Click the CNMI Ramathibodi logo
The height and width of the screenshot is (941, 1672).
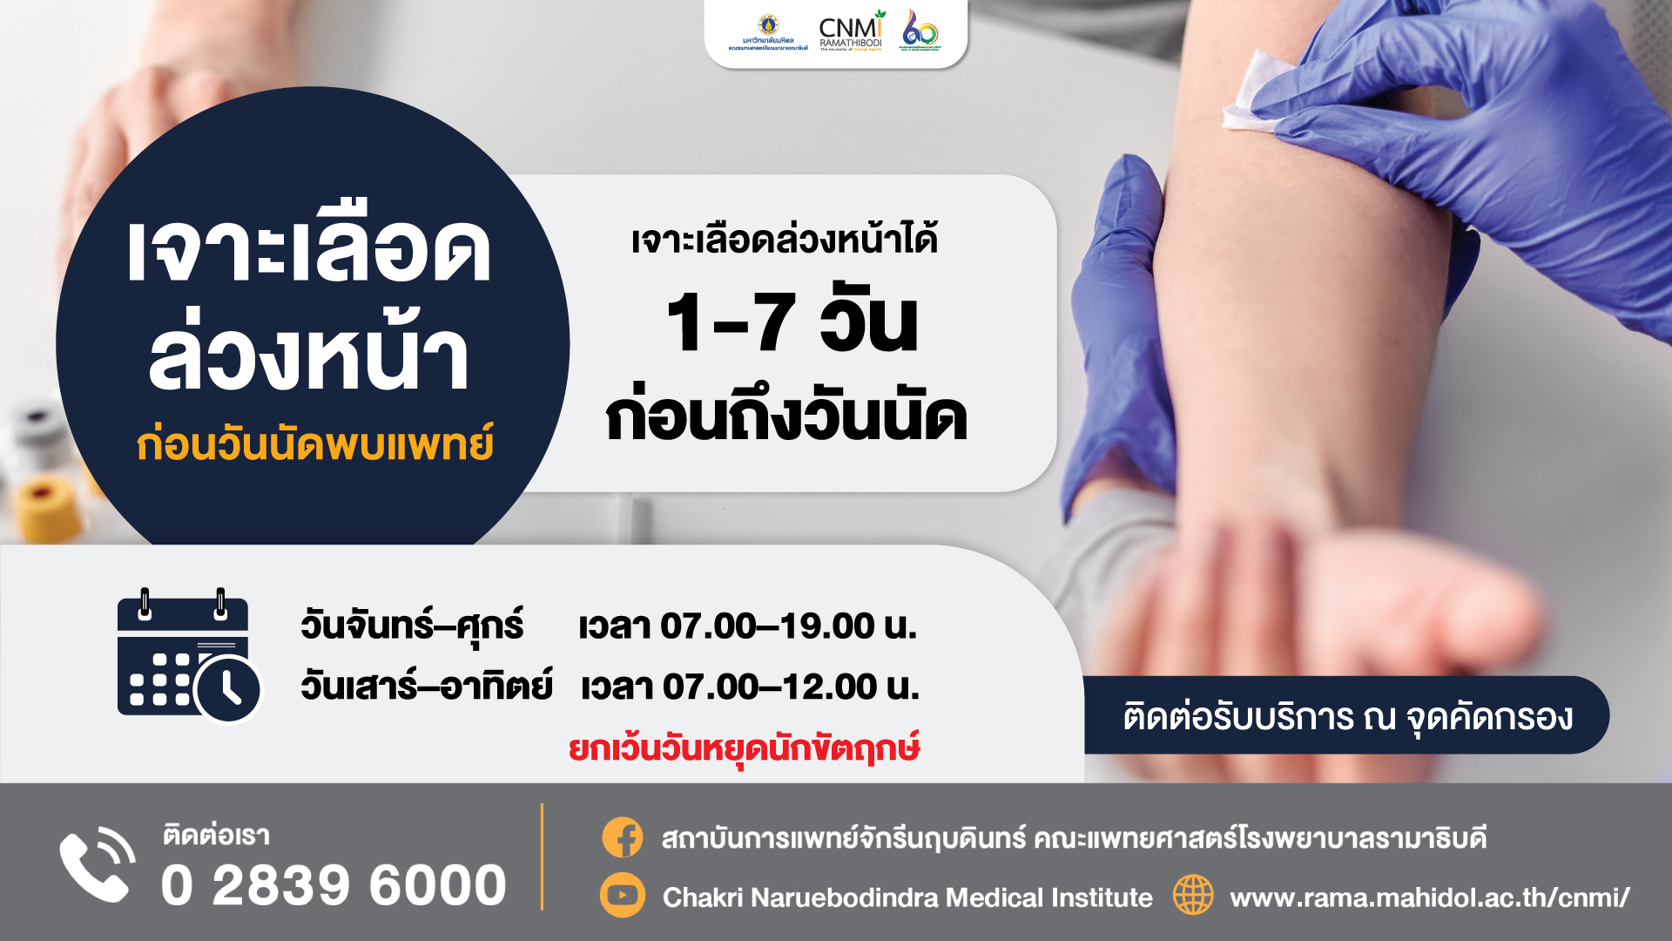(851, 32)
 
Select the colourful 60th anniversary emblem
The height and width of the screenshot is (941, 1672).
(920, 31)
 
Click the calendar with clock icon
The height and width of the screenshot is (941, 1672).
(188, 657)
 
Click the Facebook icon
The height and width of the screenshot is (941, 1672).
(623, 838)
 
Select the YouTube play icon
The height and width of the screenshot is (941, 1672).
(623, 896)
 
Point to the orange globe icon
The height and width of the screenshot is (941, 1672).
(1193, 896)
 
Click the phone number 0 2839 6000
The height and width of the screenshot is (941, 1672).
(334, 885)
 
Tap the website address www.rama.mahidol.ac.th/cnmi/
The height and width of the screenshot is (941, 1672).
(1429, 897)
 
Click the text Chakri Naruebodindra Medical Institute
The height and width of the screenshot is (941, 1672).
(907, 897)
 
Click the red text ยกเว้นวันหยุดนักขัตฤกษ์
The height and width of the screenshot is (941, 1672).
(745, 748)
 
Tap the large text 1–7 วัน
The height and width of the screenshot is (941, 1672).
(792, 322)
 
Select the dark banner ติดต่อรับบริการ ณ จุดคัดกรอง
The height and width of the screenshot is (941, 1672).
(1346, 715)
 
